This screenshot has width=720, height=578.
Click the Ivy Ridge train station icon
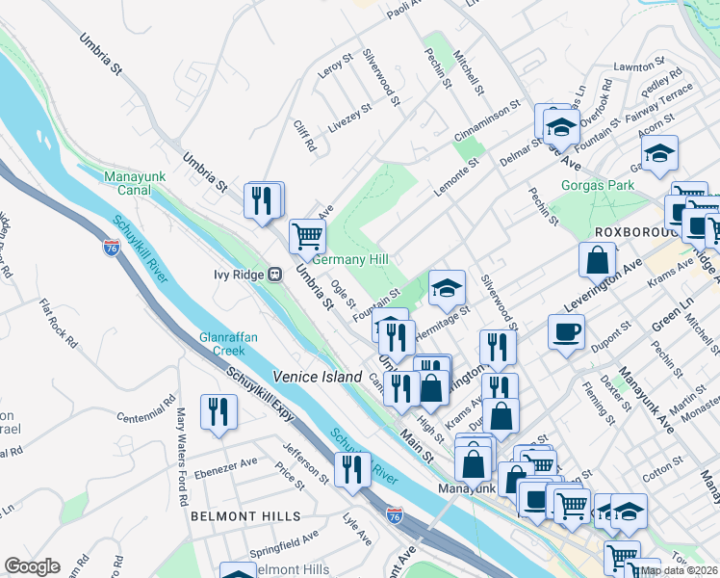tap(275, 274)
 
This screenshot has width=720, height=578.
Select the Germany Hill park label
tap(350, 260)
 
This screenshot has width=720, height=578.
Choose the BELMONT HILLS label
tap(232, 516)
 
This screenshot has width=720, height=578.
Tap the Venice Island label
tap(317, 377)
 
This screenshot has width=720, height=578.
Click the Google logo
tap(32, 566)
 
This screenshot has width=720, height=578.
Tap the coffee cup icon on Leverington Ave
tap(566, 331)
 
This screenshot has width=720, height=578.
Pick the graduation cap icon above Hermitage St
tap(447, 286)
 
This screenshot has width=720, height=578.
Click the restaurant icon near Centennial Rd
tap(219, 411)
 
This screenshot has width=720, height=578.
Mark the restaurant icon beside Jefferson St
tap(352, 469)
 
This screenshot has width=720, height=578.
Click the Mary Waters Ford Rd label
tap(180, 434)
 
